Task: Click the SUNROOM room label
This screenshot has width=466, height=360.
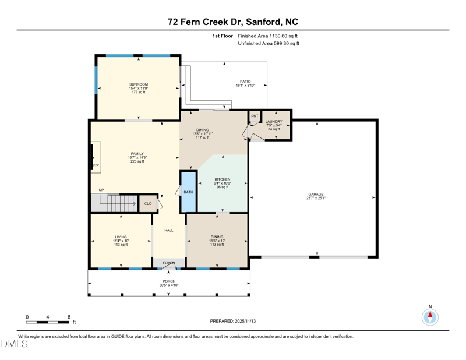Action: coord(139,84)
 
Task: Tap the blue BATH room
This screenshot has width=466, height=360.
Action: coord(188,192)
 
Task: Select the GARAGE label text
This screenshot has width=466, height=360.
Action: coord(316,195)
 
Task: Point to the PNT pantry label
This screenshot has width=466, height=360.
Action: coord(255,116)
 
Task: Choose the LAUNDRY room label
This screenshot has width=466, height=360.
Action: coord(274,122)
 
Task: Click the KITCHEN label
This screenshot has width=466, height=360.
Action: coord(222,179)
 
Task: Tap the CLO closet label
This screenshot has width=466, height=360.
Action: coord(148,203)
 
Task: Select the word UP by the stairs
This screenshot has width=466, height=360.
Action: coord(101,190)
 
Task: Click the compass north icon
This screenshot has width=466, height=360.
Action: coord(430,317)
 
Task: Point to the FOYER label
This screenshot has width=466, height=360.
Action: coord(168,263)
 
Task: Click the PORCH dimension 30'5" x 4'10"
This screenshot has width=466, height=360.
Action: coord(169,285)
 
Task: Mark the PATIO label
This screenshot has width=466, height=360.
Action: coord(245,82)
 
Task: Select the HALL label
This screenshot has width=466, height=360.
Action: coord(168,230)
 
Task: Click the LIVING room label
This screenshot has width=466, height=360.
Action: coord(121,237)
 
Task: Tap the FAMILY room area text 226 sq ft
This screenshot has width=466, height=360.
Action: coord(137,161)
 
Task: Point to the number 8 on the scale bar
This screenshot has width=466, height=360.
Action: coord(69,317)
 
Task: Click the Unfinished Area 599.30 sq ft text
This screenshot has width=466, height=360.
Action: coord(269,44)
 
